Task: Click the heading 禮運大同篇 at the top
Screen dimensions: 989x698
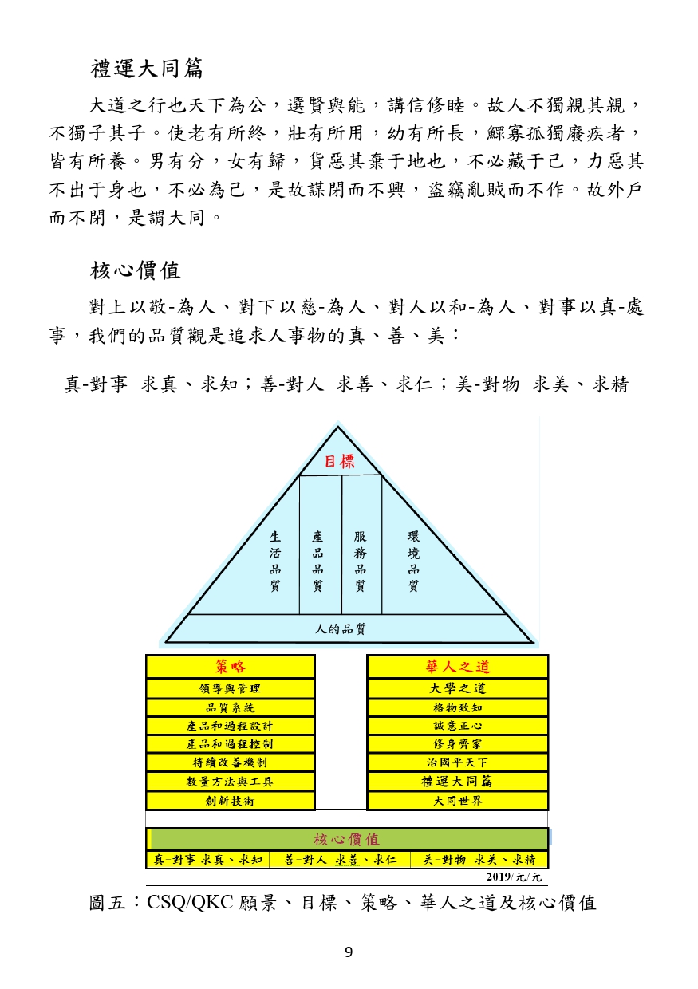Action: pyautogui.click(x=147, y=69)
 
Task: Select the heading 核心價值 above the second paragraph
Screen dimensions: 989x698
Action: pyautogui.click(x=136, y=270)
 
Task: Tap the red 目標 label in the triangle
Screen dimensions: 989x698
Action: pyautogui.click(x=339, y=462)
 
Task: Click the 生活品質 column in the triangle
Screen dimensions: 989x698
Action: pyautogui.click(x=275, y=561)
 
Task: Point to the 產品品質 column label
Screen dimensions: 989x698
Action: pyautogui.click(x=317, y=561)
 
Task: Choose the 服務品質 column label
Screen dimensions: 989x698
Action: pyautogui.click(x=360, y=561)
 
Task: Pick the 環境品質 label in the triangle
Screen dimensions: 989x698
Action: pyautogui.click(x=413, y=561)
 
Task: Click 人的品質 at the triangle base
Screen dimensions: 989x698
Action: pyautogui.click(x=341, y=628)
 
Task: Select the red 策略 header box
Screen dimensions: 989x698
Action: pyautogui.click(x=231, y=667)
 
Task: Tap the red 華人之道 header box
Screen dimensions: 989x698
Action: pyautogui.click(x=457, y=667)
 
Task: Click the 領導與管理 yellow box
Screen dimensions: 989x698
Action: pyautogui.click(x=231, y=688)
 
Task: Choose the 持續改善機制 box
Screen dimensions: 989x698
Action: pyautogui.click(x=231, y=762)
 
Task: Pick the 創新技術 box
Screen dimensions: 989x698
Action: pyautogui.click(x=231, y=800)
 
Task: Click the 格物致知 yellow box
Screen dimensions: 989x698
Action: pyautogui.click(x=457, y=707)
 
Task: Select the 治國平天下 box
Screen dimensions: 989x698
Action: pyautogui.click(x=457, y=762)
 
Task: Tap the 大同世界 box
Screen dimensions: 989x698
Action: pyautogui.click(x=457, y=800)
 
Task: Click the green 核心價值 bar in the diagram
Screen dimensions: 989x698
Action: pyautogui.click(x=347, y=839)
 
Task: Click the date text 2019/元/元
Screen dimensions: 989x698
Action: pyautogui.click(x=514, y=877)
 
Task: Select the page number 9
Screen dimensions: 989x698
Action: pyautogui.click(x=349, y=952)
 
